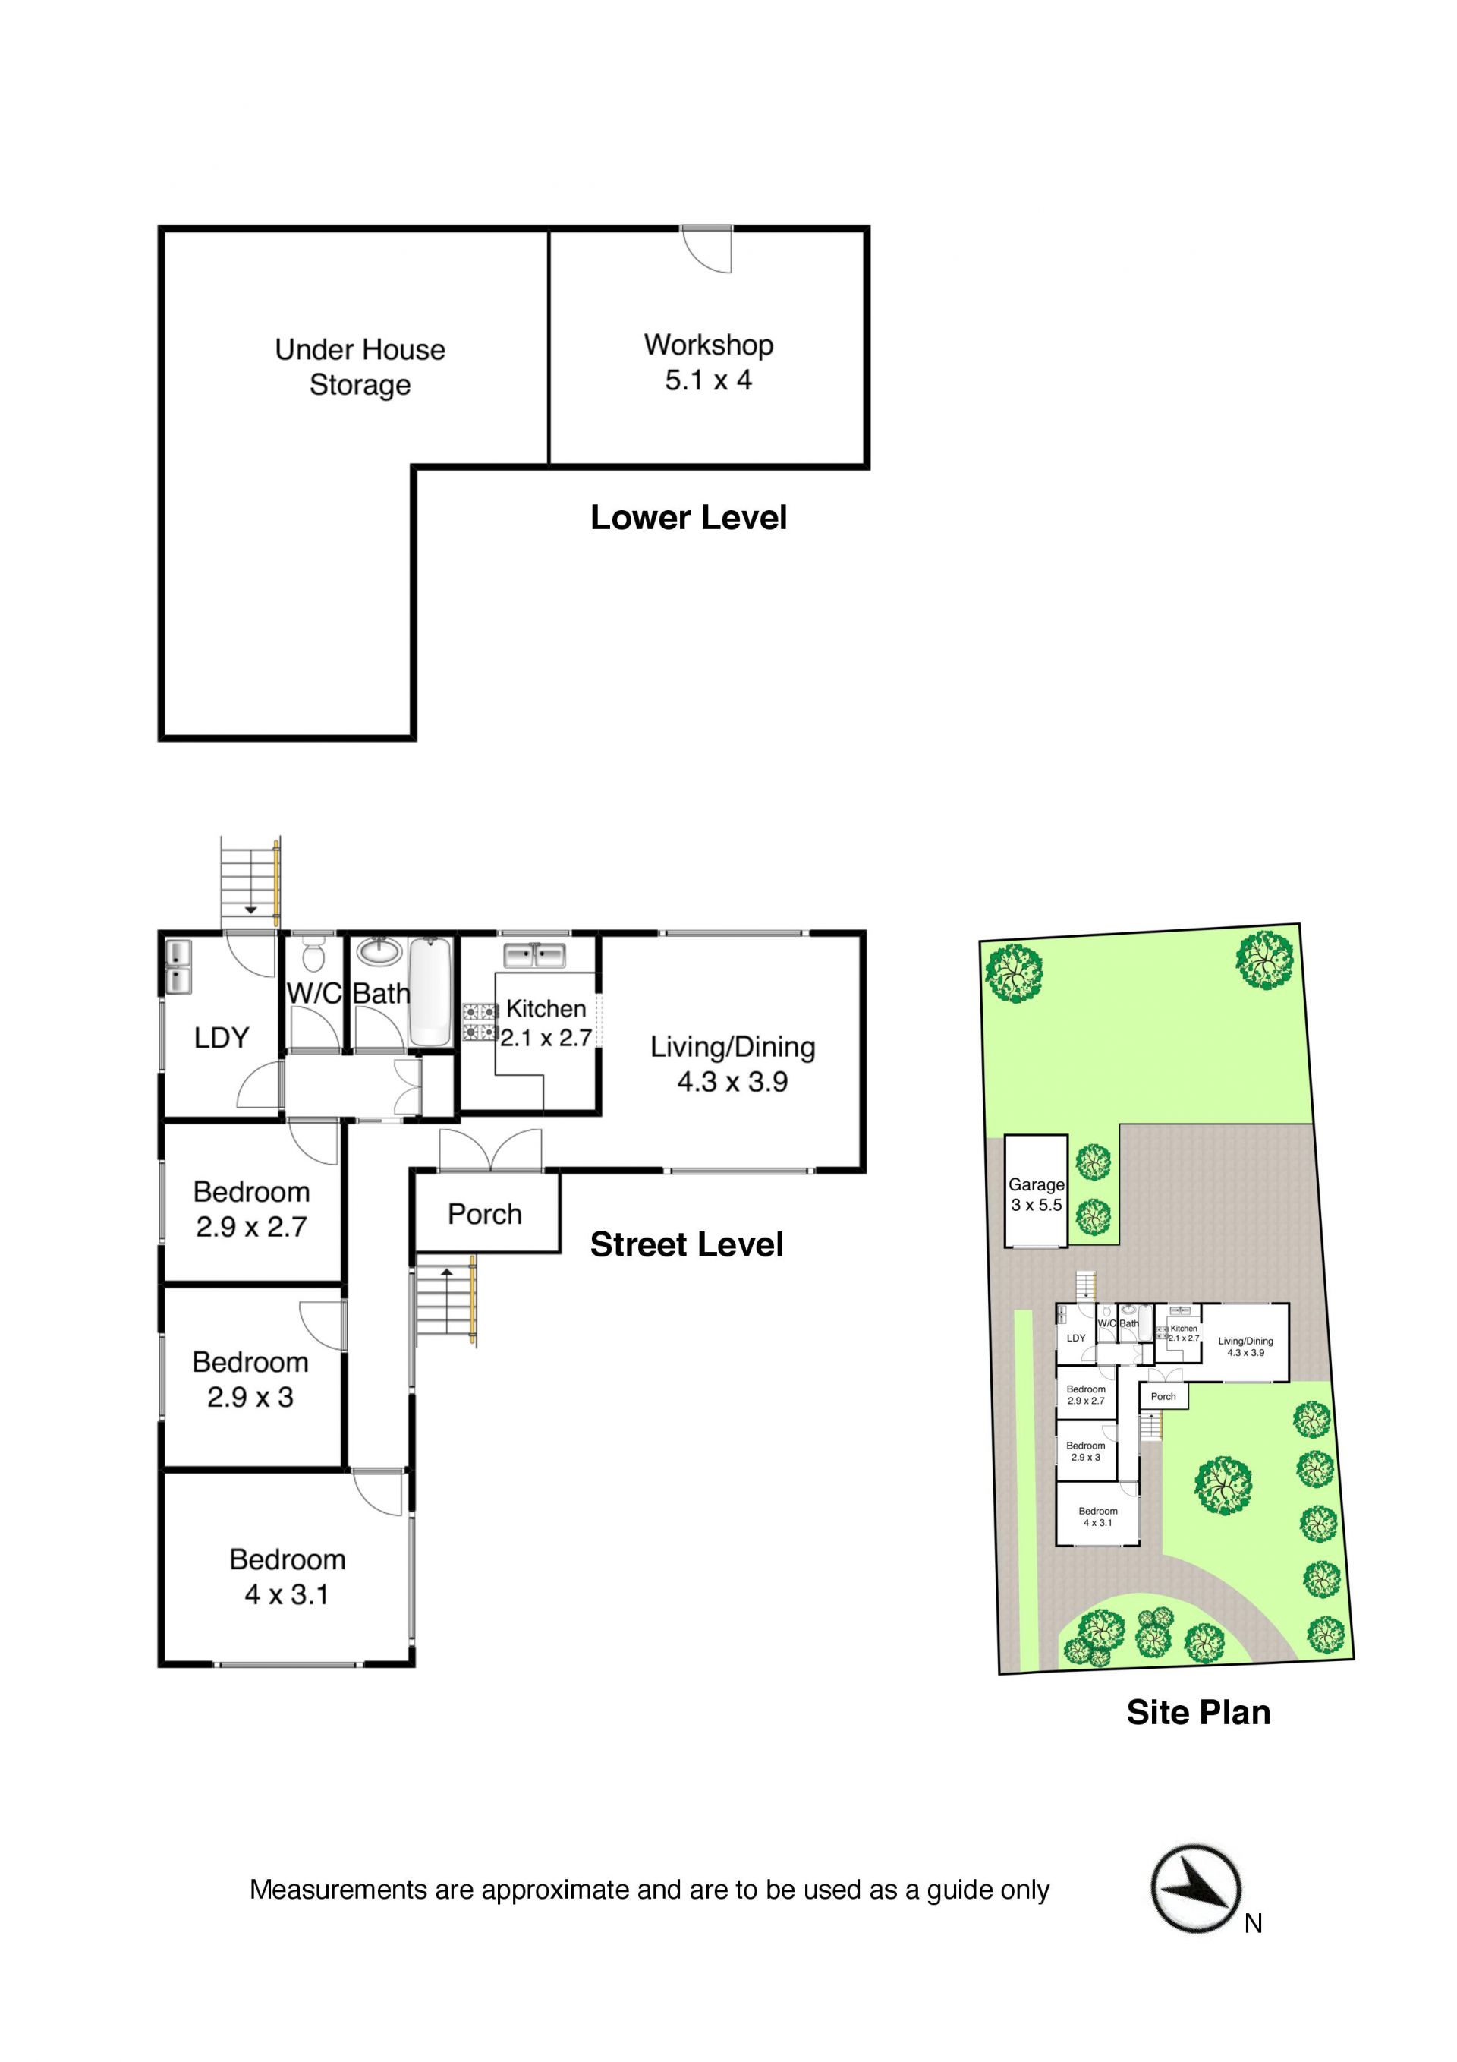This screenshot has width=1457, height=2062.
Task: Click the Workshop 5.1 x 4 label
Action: [x=708, y=362]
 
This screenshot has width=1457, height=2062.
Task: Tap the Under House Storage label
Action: [x=360, y=367]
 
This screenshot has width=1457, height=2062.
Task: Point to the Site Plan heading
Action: [x=1198, y=1712]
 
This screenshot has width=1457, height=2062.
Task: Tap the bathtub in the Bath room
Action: [x=430, y=991]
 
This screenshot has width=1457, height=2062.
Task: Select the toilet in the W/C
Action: [x=313, y=953]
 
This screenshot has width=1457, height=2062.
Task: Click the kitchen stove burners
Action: [x=480, y=1022]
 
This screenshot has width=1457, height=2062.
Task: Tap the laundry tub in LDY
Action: [x=178, y=966]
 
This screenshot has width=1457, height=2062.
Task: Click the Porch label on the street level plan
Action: [x=485, y=1213]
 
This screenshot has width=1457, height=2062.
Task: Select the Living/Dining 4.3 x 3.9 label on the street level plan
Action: [x=732, y=1064]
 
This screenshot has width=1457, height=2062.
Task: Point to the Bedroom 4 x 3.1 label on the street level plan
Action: [x=288, y=1576]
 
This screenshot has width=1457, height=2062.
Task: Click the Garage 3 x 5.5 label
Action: [x=1036, y=1194]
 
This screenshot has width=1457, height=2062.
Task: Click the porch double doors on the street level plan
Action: [x=490, y=1150]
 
